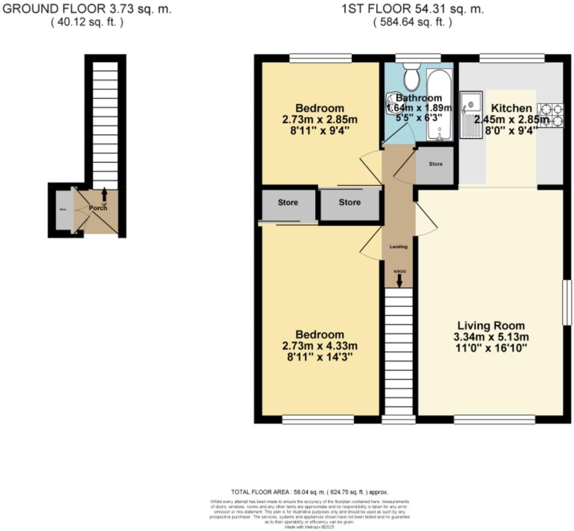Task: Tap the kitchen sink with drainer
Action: tap(471, 114)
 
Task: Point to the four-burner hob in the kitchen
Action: tap(551, 115)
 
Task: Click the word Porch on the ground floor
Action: tap(98, 208)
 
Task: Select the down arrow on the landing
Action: tap(399, 280)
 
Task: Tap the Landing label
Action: tap(398, 247)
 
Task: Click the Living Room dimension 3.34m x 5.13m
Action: tap(491, 337)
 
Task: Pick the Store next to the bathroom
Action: tap(435, 164)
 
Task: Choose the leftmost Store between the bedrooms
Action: tap(288, 202)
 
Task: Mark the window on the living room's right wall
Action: tap(567, 302)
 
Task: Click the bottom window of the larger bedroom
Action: tap(318, 419)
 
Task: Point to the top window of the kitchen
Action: tap(512, 58)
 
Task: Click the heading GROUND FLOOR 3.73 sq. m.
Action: tap(87, 9)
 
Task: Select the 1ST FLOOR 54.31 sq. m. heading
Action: tap(412, 9)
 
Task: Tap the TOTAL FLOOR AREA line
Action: tap(309, 492)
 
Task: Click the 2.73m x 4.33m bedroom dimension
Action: tap(320, 346)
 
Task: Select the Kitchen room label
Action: tap(511, 108)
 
